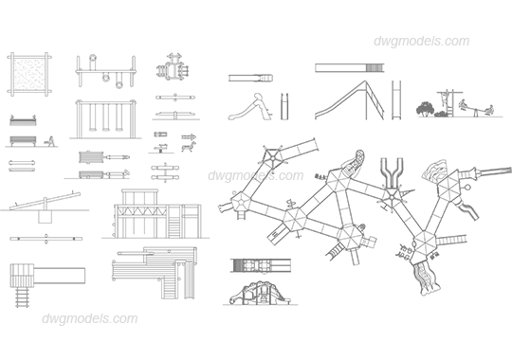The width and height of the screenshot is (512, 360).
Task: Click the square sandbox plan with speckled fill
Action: click(29, 75)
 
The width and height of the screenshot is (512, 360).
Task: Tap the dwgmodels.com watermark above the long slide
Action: click(422, 42)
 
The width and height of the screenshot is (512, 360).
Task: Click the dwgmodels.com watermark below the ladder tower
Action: click(90, 318)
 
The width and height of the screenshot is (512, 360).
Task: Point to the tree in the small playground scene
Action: click(425, 109)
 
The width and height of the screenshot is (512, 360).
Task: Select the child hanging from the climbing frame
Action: click(445, 99)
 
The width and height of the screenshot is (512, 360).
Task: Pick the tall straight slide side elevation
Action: click(349, 100)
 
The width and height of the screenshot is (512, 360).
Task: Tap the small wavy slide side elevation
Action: click(249, 107)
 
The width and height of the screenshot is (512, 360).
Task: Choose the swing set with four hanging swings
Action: click(105, 118)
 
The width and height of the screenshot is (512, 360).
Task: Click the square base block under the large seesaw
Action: click(46, 217)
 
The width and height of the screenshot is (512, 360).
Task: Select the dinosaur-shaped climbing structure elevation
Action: click(259, 293)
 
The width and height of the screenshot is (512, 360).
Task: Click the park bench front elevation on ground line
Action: click(23, 141)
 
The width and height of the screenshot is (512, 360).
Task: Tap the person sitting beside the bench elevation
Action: click(50, 141)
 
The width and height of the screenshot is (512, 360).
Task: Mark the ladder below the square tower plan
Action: click(22, 297)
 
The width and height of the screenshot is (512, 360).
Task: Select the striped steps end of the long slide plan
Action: click(375, 68)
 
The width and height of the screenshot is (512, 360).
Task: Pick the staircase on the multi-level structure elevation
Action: click(174, 225)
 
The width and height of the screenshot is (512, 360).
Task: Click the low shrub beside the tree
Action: click(441, 114)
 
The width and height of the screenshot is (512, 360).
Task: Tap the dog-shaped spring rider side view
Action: click(189, 147)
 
